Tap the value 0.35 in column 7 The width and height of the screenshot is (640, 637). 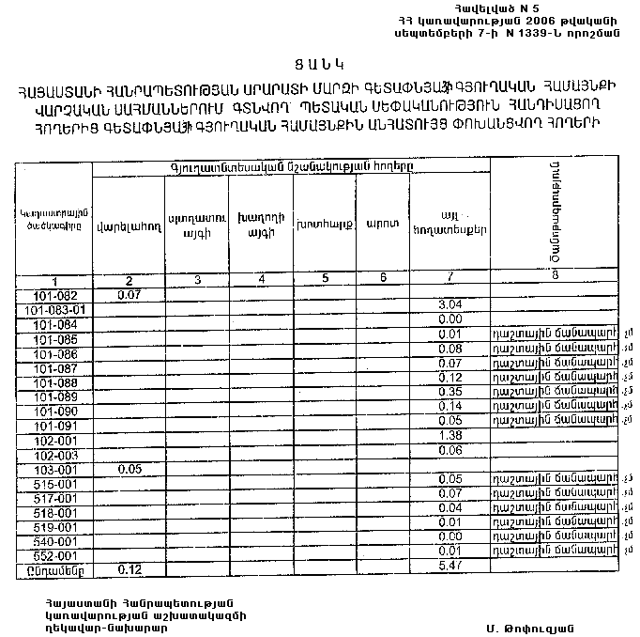coord(450,392)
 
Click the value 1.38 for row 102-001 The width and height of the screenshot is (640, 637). coord(450,436)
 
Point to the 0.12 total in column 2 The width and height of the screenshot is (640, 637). coord(130,569)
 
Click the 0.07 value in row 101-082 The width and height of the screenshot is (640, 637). coord(128,295)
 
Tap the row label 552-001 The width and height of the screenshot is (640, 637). coord(54,555)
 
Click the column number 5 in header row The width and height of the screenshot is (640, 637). coord(324,279)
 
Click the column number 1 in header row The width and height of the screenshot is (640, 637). coord(54,282)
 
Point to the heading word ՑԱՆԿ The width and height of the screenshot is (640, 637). coord(318,64)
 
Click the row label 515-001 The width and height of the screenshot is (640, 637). coord(54,483)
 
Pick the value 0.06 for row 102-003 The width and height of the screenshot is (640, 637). coord(450,451)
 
